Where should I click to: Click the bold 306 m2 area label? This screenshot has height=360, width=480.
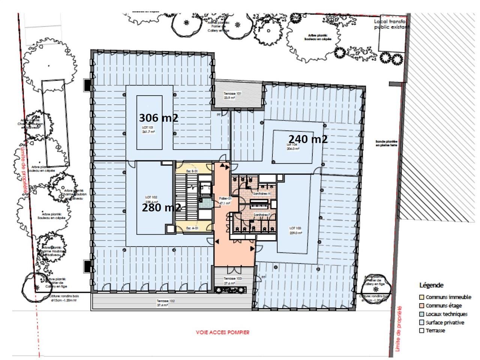(x=158, y=118)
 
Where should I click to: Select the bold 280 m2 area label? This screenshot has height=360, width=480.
(x=161, y=207)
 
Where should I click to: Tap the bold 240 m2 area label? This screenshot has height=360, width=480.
(x=308, y=139)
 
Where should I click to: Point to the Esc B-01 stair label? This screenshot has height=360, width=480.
(x=192, y=171)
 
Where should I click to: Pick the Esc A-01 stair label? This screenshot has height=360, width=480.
(x=192, y=228)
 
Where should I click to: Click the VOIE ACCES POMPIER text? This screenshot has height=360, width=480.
(x=222, y=332)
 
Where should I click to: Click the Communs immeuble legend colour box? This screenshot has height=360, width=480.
(x=422, y=297)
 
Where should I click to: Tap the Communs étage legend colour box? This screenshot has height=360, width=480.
(x=422, y=306)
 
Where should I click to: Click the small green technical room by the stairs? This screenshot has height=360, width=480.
(x=205, y=204)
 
